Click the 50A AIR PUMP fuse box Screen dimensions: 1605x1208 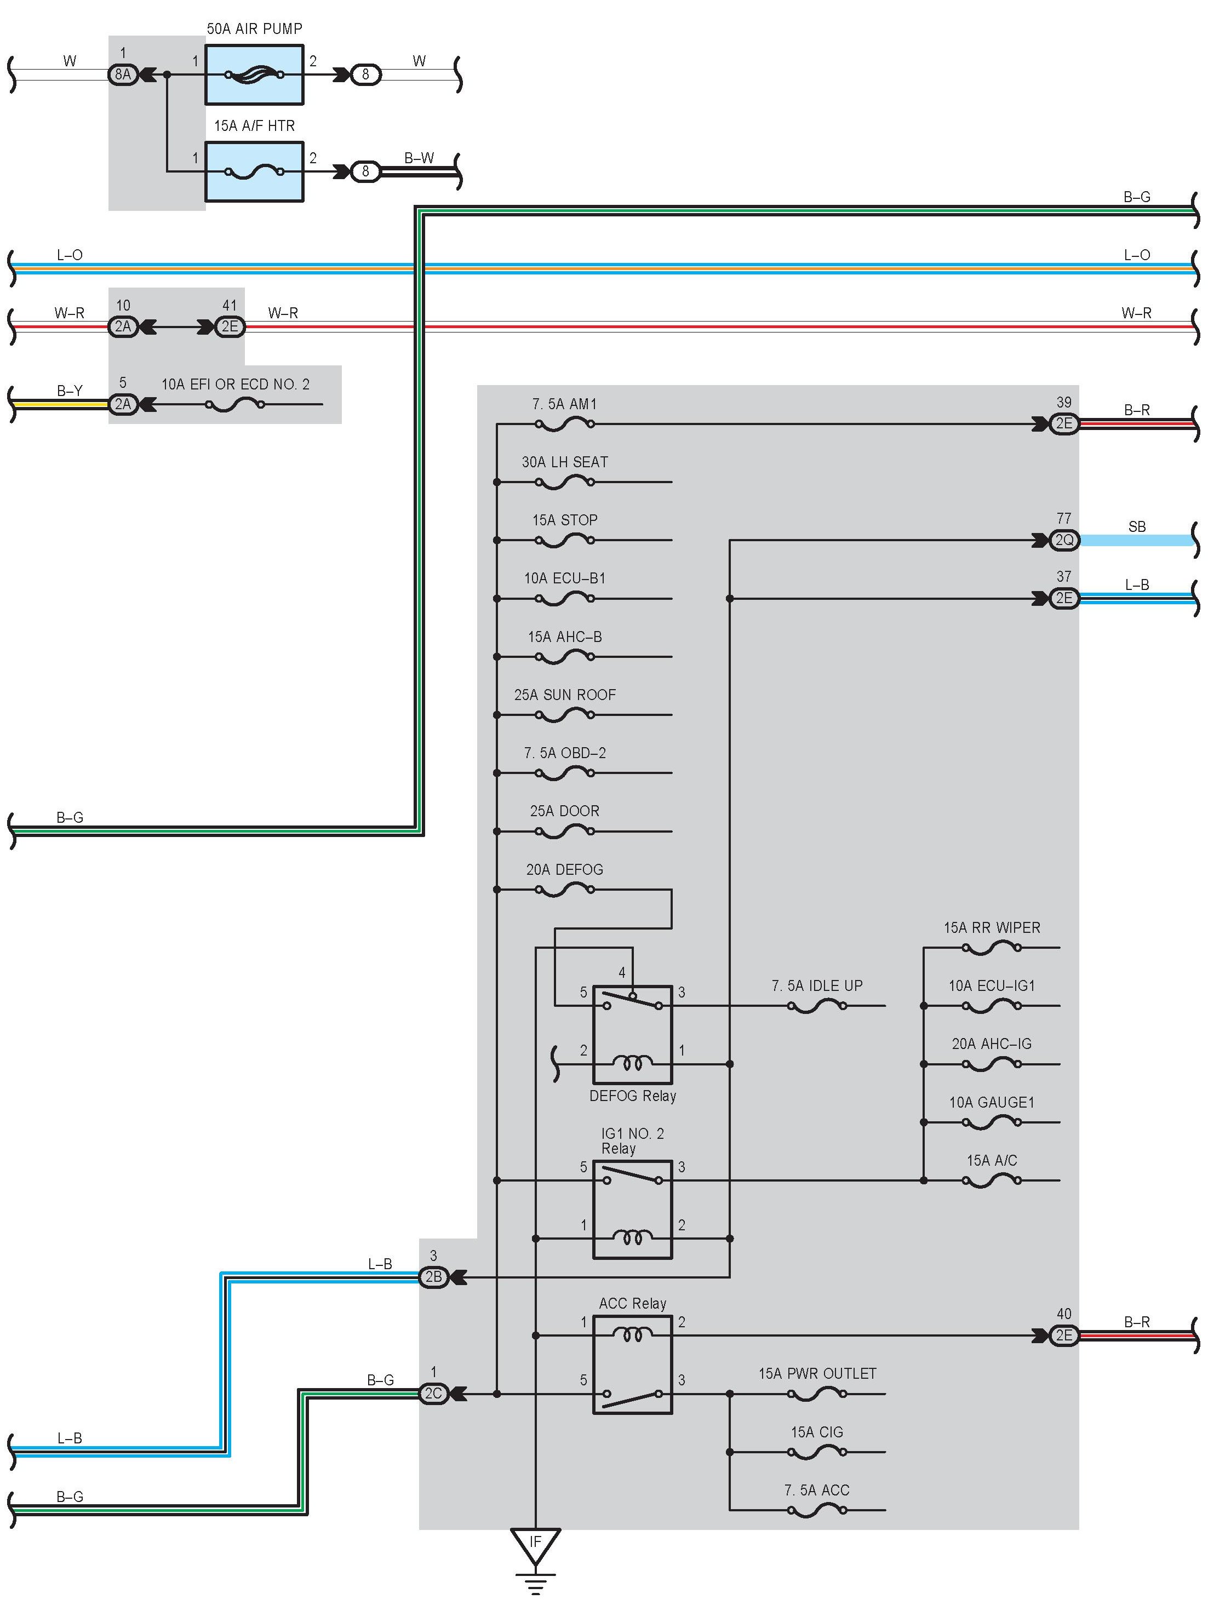(254, 74)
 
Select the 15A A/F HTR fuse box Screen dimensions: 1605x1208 (254, 172)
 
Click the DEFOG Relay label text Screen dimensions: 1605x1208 (632, 1096)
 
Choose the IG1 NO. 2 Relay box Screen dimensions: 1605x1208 (632, 1209)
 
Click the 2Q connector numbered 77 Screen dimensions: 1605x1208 (1063, 540)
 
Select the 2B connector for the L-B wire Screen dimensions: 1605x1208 (433, 1277)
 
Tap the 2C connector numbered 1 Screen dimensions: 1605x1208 (433, 1393)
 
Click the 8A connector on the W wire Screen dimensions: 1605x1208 (123, 74)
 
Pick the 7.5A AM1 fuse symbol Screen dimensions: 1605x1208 (564, 424)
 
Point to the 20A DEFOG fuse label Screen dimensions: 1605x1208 (564, 869)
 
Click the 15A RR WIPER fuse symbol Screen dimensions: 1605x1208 (991, 948)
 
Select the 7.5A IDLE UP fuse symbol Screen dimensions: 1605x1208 (817, 1006)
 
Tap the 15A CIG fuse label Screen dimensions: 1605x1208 (817, 1431)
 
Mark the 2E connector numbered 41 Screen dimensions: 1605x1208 (229, 326)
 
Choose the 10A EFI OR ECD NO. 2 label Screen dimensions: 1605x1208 (235, 385)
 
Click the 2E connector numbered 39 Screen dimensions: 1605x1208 (1063, 424)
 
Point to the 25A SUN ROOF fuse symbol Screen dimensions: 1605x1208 (564, 715)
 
